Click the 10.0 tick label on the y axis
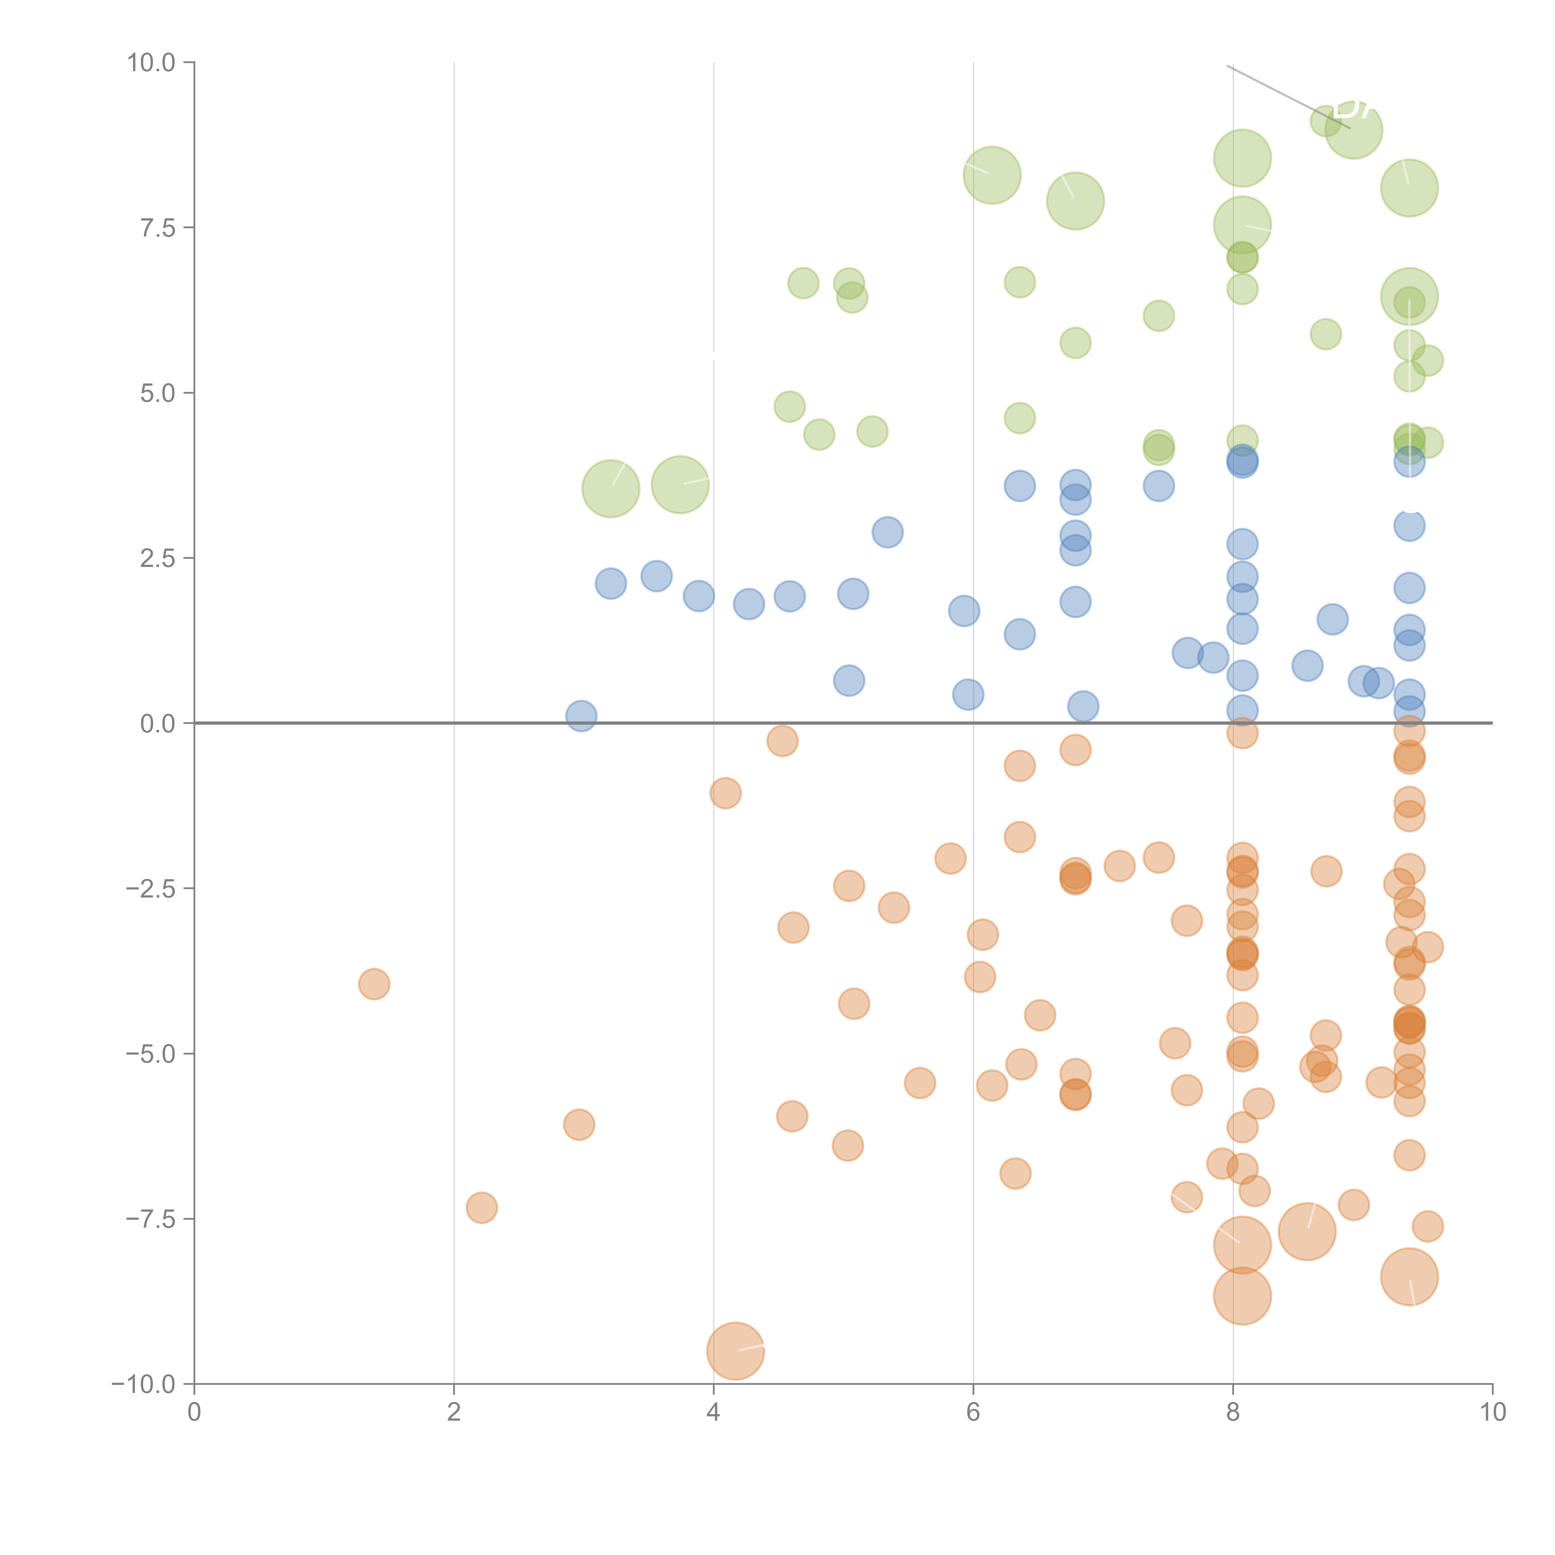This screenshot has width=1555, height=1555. click(x=151, y=63)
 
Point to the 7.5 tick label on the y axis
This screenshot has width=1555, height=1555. click(x=158, y=228)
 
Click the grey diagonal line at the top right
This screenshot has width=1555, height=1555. click(x=1288, y=97)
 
